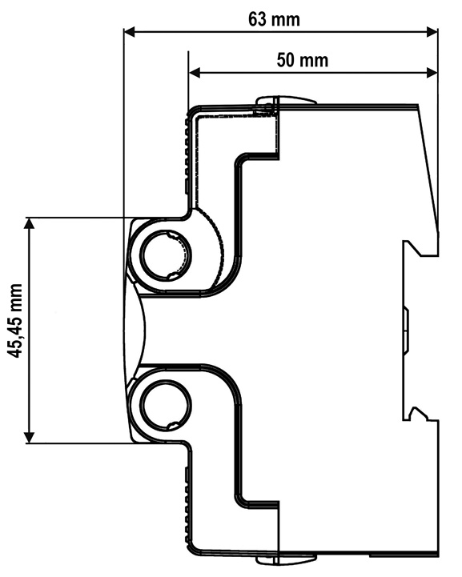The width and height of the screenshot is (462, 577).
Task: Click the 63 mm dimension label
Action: pyautogui.click(x=274, y=19)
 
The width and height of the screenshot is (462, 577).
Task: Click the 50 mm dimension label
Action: pyautogui.click(x=302, y=60)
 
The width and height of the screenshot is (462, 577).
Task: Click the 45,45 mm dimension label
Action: pyautogui.click(x=15, y=320)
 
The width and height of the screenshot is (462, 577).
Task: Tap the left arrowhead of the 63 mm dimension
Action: pyautogui.click(x=130, y=32)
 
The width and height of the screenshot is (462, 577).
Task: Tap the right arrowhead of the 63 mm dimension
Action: pyautogui.click(x=432, y=32)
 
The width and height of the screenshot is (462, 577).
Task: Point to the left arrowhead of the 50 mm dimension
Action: pyautogui.click(x=194, y=73)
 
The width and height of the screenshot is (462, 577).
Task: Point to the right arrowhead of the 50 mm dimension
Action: pyautogui.click(x=432, y=73)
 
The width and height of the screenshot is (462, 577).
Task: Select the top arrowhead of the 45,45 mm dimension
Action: pyautogui.click(x=29, y=223)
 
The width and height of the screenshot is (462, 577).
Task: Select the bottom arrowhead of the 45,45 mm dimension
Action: pyautogui.click(x=29, y=437)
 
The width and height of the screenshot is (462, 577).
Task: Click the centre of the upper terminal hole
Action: pyautogui.click(x=167, y=255)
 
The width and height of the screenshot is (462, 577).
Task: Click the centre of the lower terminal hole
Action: pyautogui.click(x=167, y=405)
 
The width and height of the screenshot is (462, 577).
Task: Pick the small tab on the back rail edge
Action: pyautogui.click(x=405, y=330)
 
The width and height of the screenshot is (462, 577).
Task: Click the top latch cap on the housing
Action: pyautogui.click(x=286, y=100)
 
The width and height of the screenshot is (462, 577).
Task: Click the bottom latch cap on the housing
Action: pyautogui.click(x=286, y=559)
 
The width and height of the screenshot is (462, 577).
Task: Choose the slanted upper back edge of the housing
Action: pyautogui.click(x=428, y=169)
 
